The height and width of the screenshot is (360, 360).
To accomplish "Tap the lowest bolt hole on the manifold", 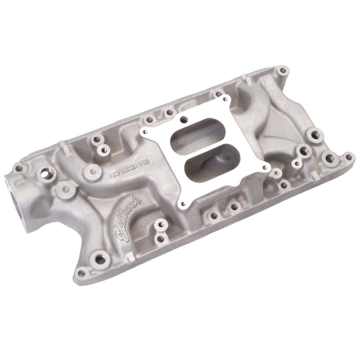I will pyautogui.click(x=81, y=273).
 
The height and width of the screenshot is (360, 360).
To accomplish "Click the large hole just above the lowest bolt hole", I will pyautogui.click(x=97, y=258).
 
